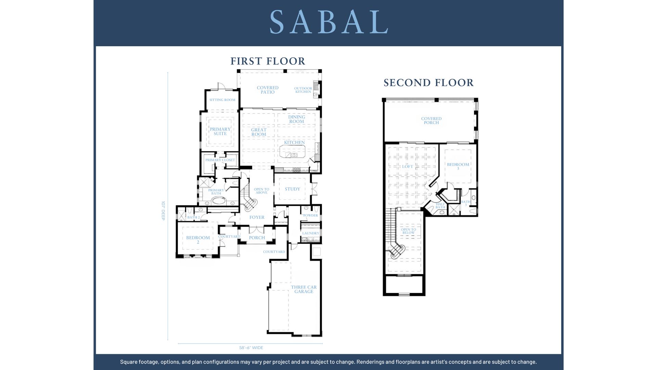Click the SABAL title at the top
328,22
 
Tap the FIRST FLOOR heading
268,61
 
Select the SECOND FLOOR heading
428,83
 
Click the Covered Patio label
268,90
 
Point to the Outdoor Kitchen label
303,90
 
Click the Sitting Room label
222,100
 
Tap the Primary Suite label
220,132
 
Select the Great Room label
259,132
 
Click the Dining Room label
296,119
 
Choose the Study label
293,189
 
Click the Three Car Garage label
304,289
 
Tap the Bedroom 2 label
198,240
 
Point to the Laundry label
311,233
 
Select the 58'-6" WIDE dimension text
251,348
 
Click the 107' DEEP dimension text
163,211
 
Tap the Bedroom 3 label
458,166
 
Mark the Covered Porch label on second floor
431,121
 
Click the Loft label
408,166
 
